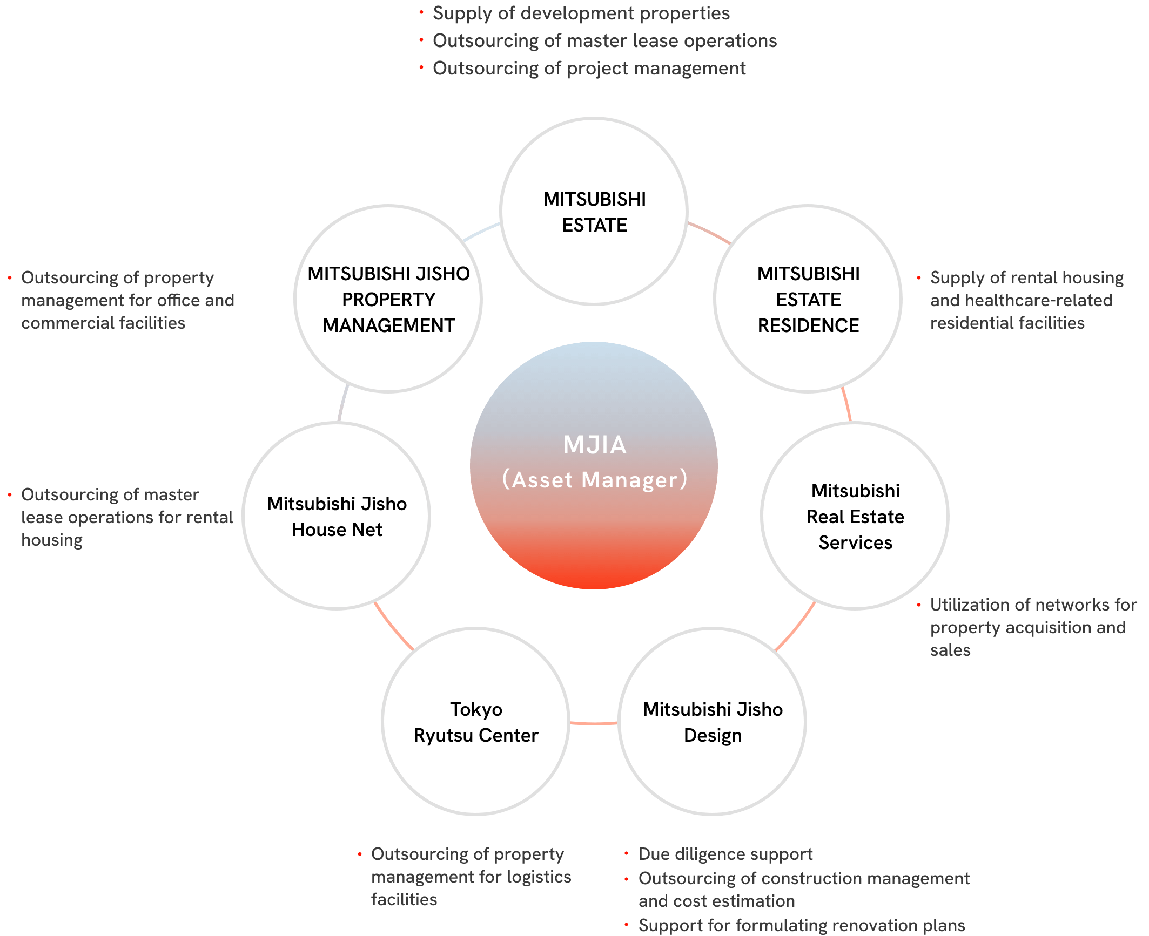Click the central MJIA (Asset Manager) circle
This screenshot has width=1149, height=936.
594,465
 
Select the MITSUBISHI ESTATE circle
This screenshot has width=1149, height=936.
594,211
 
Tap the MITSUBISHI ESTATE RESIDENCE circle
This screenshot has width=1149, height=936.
808,299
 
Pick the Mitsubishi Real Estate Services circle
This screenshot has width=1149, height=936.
855,516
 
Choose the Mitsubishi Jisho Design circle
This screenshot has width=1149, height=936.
712,722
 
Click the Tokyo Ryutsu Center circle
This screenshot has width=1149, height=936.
475,722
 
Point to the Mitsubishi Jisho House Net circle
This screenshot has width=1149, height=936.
336,516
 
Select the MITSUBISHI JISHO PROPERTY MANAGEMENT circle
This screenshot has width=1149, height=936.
388,299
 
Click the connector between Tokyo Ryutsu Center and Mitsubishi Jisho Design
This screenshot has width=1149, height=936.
594,722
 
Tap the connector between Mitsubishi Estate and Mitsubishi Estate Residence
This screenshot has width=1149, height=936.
709,232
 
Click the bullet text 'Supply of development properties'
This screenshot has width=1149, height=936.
581,13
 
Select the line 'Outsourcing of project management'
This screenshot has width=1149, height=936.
589,69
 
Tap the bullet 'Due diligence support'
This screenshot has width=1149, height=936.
725,854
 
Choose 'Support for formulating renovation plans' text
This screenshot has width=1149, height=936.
801,925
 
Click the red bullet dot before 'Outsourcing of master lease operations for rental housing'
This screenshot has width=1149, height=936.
10,494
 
